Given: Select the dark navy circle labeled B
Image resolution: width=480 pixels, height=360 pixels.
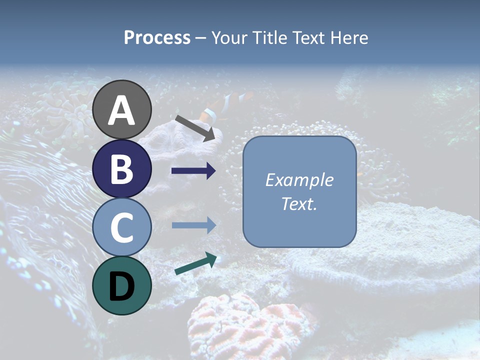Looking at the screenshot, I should tap(122, 168).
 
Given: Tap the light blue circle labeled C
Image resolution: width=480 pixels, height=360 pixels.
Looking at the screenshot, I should tap(122, 227).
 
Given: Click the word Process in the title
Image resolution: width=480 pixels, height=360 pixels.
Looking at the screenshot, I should tap(157, 37).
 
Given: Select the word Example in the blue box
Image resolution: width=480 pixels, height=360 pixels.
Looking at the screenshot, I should tap(299, 180).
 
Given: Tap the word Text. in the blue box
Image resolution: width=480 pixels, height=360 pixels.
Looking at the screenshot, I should tap(299, 204).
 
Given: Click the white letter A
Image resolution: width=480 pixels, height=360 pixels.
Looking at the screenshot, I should tap(122, 111).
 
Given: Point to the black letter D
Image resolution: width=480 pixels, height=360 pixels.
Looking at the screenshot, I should tap(122, 287).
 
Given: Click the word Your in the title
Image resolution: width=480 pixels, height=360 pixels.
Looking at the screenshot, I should tap(229, 37).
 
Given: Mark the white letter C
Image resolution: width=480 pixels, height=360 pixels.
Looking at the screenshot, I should tap(122, 228).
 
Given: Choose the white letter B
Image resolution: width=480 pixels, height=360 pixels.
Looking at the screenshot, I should tap(122, 169).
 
